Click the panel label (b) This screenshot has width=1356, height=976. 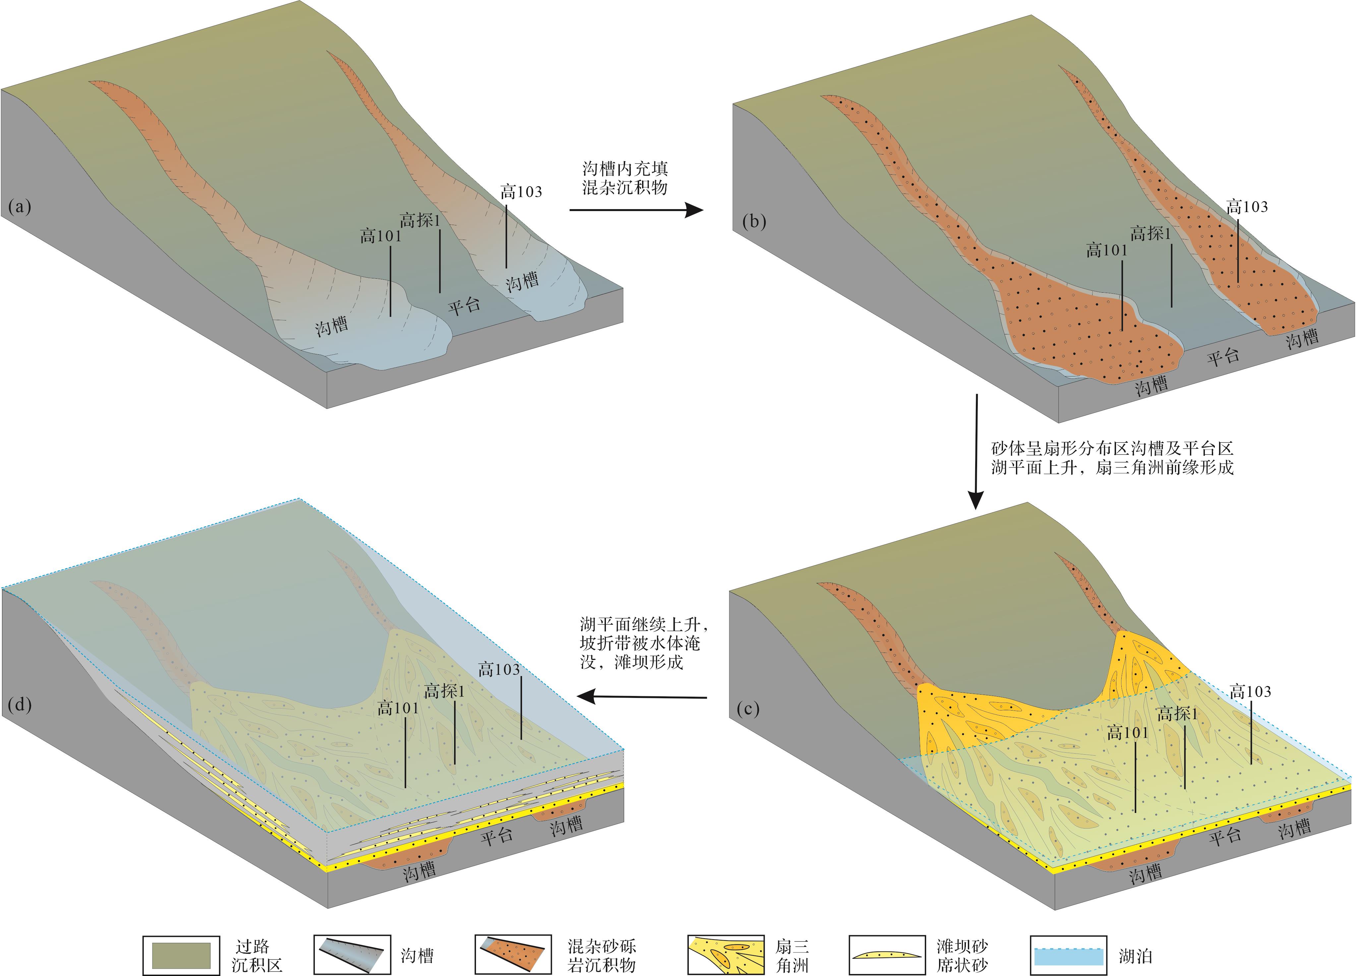tap(753, 222)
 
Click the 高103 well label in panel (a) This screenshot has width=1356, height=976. tap(521, 192)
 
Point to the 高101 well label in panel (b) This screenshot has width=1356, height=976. tap(1106, 251)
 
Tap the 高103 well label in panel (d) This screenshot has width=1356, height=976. tap(499, 669)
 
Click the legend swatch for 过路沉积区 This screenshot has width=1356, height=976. tap(181, 955)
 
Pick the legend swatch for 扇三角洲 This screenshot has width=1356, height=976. tap(726, 955)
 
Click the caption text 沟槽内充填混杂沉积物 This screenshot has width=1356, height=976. tap(625, 178)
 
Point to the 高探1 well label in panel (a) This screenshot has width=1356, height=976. tap(420, 220)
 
